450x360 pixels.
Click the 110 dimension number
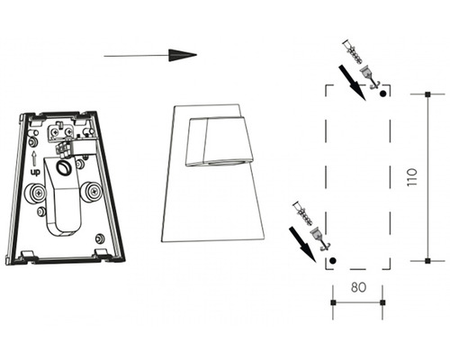[x=412, y=177]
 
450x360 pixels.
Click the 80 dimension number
[x=358, y=287]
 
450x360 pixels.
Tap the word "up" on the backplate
[x=35, y=173]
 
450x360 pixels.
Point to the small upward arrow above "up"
[x=34, y=158]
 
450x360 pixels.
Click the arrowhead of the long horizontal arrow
[x=183, y=55]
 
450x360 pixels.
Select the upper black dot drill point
[x=382, y=94]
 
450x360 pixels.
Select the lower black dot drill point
[x=332, y=260]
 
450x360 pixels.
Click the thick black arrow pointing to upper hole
[x=353, y=84]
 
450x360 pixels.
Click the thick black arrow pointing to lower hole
[x=302, y=245]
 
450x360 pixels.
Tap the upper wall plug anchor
[x=352, y=51]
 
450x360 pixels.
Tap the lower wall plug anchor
[x=301, y=213]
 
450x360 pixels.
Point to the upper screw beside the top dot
[x=370, y=77]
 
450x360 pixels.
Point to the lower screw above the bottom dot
[x=319, y=238]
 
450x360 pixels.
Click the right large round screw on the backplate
[x=91, y=191]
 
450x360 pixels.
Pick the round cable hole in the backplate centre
[x=63, y=167]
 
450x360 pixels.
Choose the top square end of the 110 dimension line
[x=427, y=94]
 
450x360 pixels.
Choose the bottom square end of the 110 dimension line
[x=427, y=261]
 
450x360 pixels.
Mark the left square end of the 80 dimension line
[x=333, y=302]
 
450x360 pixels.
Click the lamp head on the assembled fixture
[x=219, y=141]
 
